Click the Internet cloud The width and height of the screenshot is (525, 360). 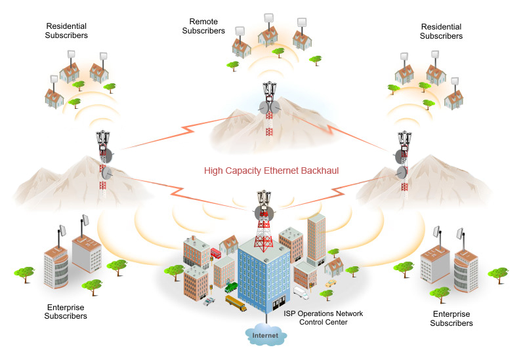(x=266, y=336)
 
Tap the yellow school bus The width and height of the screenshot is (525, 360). (x=236, y=303)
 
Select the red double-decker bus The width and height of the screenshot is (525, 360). (x=215, y=253)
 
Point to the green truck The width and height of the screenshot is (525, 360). (x=232, y=287)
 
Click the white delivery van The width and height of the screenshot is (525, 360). (x=301, y=291)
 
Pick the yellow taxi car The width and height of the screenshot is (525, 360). (x=329, y=283)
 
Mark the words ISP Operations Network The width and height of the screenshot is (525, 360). (x=323, y=313)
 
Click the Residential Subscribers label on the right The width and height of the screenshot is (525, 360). (x=441, y=31)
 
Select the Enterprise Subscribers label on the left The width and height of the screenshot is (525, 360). (x=66, y=311)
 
